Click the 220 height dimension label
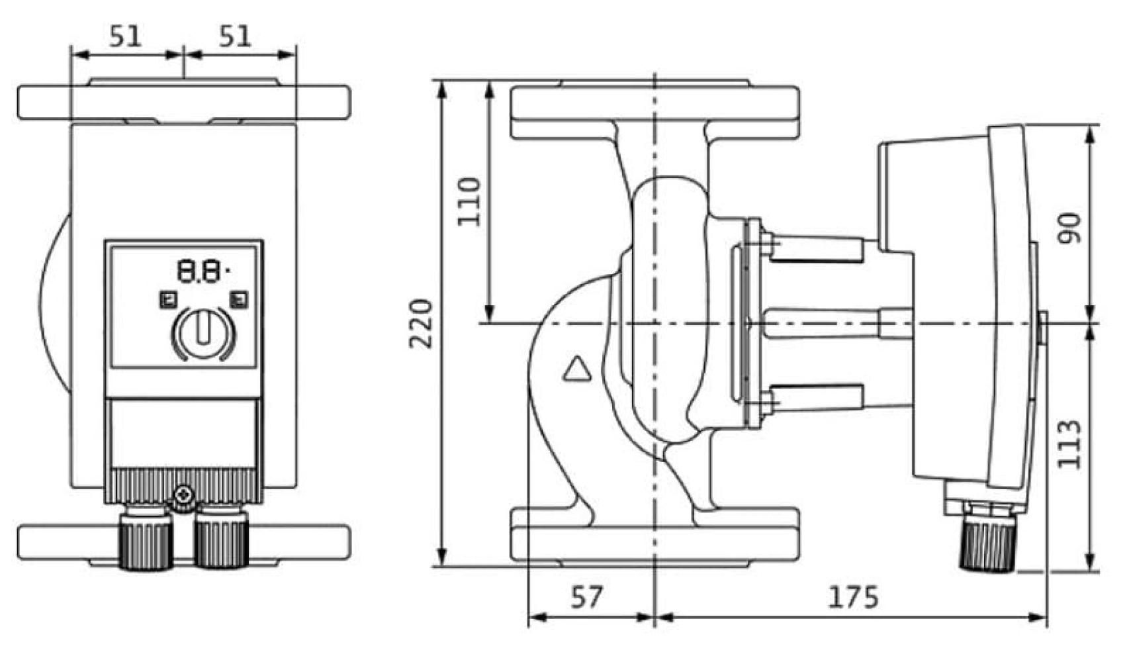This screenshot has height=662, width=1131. click(420, 324)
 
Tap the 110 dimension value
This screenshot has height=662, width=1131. click(469, 201)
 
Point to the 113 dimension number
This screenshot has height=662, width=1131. click(1069, 444)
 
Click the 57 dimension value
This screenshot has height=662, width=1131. click(586, 598)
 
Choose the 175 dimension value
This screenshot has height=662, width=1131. click(853, 598)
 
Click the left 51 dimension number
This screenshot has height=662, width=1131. click(125, 36)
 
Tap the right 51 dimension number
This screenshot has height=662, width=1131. click(235, 36)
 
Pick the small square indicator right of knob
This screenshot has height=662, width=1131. click(239, 300)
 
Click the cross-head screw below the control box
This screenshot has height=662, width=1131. click(183, 494)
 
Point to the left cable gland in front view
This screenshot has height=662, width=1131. click(146, 540)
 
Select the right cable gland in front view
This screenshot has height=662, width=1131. click(222, 540)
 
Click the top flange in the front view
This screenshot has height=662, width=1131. click(183, 102)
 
